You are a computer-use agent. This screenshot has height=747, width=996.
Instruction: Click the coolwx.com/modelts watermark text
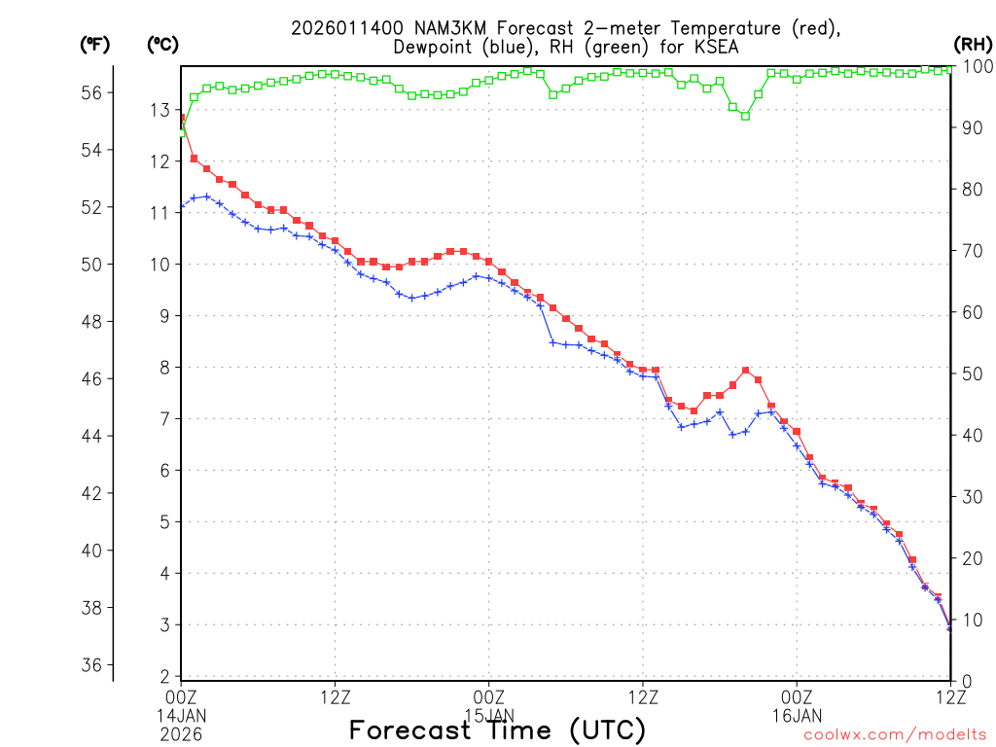(895, 736)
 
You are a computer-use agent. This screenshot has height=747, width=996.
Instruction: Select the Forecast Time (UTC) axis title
(497, 729)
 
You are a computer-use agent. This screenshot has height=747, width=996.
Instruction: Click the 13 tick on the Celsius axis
(160, 110)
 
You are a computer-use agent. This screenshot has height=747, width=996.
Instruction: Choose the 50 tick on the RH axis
(972, 373)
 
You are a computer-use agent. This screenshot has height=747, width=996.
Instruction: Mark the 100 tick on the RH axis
(976, 65)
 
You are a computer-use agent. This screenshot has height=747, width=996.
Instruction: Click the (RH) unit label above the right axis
(973, 44)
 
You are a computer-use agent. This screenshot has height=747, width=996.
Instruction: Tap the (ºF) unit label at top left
(95, 44)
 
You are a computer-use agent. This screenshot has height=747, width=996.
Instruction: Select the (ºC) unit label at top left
(163, 44)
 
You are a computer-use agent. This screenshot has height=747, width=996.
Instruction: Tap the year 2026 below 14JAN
(181, 732)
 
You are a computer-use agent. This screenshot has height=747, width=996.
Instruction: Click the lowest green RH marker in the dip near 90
(745, 116)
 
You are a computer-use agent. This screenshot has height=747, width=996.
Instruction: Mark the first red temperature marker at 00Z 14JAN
(181, 119)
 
